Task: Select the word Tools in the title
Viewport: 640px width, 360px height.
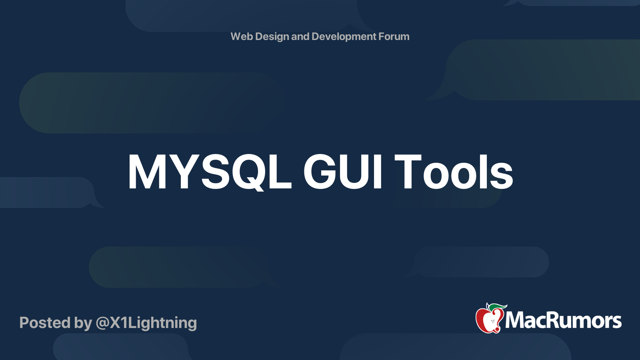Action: [x=454, y=172]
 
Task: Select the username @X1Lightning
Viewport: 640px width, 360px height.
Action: [x=146, y=323]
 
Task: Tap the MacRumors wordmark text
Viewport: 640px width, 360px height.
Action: [x=563, y=320]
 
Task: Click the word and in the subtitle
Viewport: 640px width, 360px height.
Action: [x=300, y=36]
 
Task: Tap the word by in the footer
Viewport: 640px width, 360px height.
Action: [x=83, y=323]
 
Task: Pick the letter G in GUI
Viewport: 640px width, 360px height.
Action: [x=320, y=172]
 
